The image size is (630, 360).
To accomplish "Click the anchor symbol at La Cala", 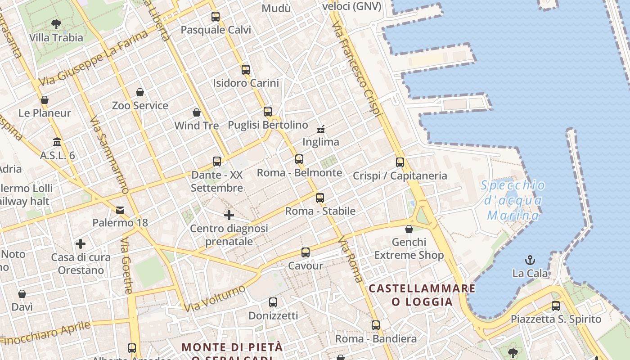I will coord(530,260).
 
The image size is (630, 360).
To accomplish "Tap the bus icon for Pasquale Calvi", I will coord(216,17).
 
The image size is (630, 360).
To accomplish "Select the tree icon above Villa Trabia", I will coord(56,24).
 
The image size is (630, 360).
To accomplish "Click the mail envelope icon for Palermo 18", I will coord(120,210).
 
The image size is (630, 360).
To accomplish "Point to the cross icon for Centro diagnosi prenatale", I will coord(229,215).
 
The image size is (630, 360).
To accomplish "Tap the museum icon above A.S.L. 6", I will coord(57,142).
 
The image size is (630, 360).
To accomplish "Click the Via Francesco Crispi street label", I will coord(358,67).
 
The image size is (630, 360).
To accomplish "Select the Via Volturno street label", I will coord(215,298).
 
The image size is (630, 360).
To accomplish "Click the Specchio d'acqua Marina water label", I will coord(513,200).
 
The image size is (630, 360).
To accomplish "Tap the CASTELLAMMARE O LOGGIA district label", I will coord(422,295).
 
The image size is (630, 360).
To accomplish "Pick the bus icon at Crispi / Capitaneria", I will coord(400,162).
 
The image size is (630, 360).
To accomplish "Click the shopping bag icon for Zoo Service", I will coord(140,93).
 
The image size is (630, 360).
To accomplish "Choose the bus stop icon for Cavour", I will coord(306,252).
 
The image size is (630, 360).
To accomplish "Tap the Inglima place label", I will coord(320,142).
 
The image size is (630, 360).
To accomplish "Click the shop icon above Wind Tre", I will coord(197,112).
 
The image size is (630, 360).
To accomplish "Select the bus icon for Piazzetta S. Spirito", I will coord(556,306).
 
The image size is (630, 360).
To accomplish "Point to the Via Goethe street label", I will coord(127,265).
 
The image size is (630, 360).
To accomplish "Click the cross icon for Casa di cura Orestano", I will coord(81,244).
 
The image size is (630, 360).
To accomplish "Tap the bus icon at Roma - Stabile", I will coord(320,198).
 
